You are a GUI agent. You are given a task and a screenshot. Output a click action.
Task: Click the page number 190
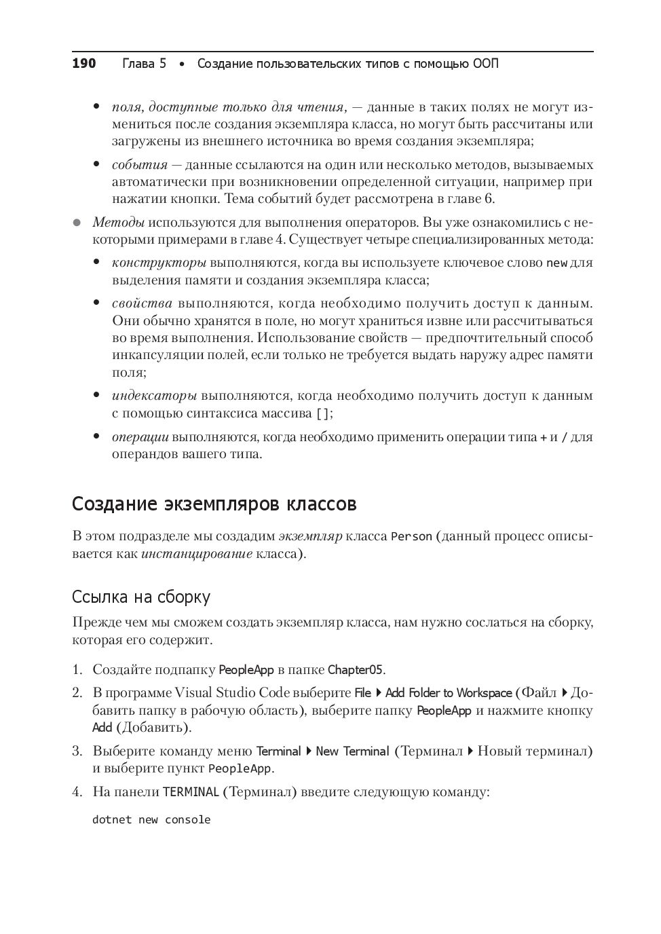(84, 64)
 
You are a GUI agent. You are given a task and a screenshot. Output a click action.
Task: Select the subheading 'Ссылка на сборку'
(141, 597)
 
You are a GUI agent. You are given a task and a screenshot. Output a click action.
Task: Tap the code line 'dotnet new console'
(151, 820)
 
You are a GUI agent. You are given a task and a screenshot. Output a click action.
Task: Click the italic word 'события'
(139, 165)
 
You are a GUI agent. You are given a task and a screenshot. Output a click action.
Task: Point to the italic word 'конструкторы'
(159, 263)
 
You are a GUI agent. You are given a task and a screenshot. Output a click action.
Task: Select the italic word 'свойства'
(142, 303)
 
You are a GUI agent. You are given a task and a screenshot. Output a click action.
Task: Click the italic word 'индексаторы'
(154, 396)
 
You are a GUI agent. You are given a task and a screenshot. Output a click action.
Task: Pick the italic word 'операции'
(140, 437)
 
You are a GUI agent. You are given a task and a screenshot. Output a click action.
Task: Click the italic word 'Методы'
(118, 223)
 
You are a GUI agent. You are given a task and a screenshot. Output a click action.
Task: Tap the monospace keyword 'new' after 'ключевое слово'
(556, 263)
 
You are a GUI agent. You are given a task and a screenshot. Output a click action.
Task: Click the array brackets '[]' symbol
(323, 413)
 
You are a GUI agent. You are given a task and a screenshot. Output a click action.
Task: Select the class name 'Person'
(411, 537)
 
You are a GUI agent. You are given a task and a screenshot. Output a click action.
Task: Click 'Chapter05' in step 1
(356, 670)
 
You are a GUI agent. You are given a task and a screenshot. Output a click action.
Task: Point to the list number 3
(77, 751)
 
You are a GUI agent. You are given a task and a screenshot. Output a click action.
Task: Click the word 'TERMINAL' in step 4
(191, 792)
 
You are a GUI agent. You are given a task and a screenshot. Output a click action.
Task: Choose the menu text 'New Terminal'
(352, 751)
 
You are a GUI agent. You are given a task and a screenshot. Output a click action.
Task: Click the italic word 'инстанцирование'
(197, 554)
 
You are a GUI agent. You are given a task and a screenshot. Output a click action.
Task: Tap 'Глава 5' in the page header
(144, 64)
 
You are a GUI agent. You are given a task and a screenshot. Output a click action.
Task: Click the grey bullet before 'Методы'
(77, 223)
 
